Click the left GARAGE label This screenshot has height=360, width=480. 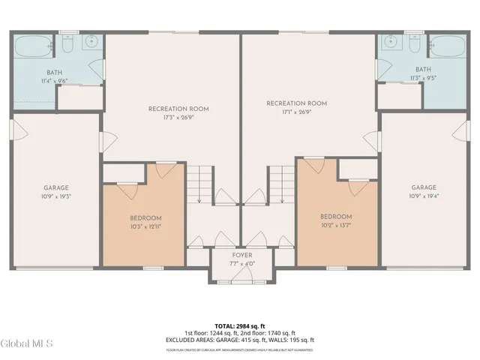[56, 187]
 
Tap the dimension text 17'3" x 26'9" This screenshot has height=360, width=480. [178, 118]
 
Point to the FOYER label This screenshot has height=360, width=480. [241, 255]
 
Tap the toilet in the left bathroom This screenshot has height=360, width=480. [65, 46]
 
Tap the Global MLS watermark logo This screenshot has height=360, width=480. [27, 344]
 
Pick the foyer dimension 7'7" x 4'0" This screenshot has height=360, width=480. [241, 263]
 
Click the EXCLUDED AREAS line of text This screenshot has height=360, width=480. [240, 340]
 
